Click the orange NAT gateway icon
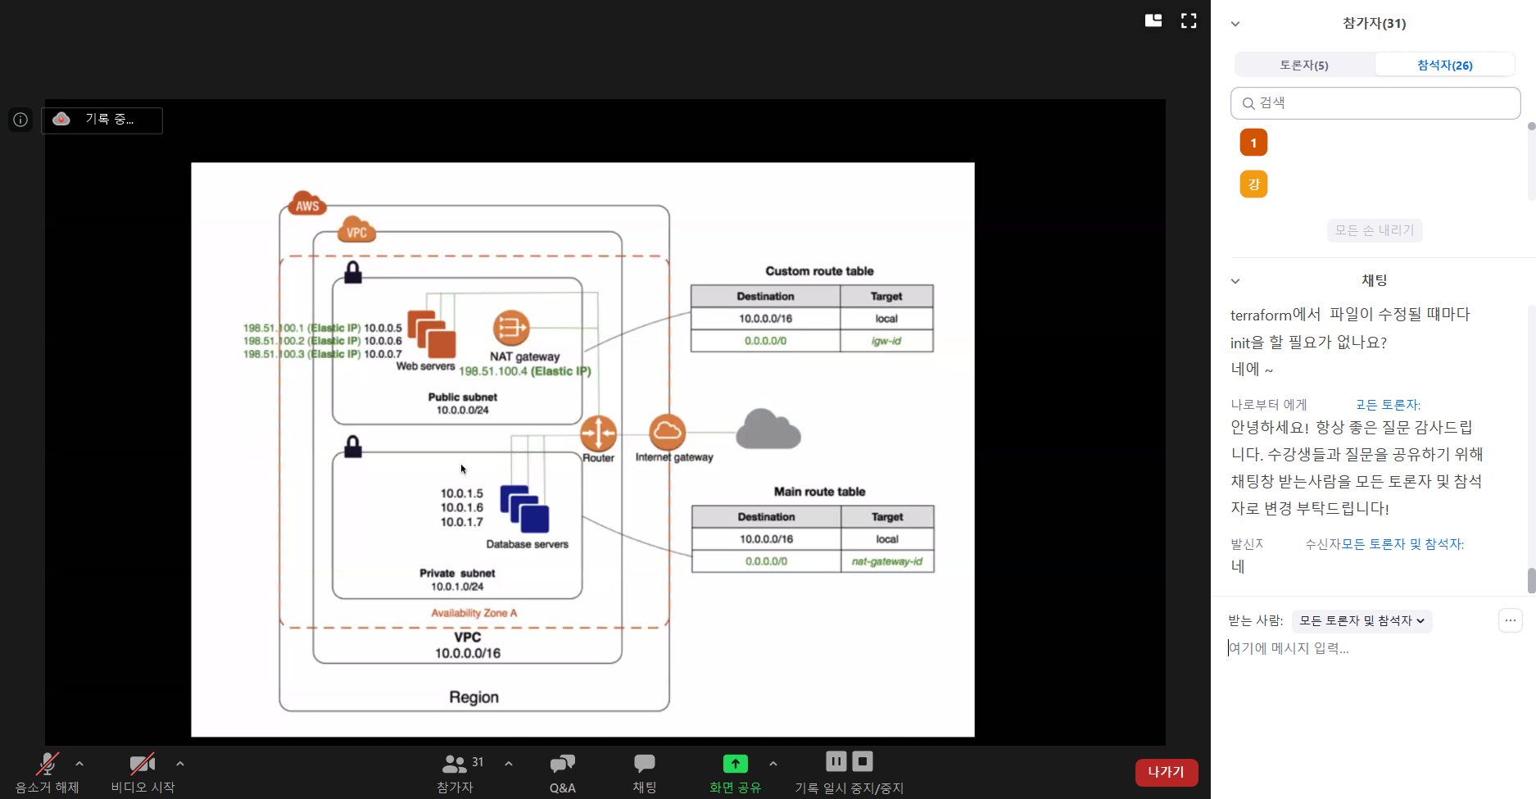click(510, 328)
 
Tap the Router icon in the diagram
click(598, 433)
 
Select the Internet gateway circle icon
click(667, 432)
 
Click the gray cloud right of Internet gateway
click(768, 429)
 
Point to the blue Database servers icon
click(524, 509)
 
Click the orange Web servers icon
click(431, 334)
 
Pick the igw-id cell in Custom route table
click(886, 341)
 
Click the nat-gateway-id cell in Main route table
click(886, 561)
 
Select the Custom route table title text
click(819, 271)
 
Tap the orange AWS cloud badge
click(307, 204)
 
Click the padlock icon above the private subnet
click(353, 447)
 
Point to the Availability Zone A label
click(473, 613)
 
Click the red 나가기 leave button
click(1166, 772)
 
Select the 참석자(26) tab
click(1444, 65)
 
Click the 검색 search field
click(1375, 103)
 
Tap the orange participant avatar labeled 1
click(1253, 143)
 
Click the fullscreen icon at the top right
click(1189, 21)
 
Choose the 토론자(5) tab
click(1304, 65)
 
